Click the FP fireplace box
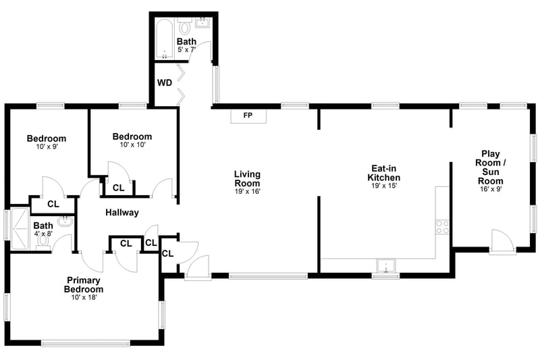[248, 116]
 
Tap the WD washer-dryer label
[165, 83]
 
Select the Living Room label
[247, 178]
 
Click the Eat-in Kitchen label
[383, 173]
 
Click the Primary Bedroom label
[84, 284]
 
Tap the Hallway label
[122, 213]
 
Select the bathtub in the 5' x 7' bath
[164, 39]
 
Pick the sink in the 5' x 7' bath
[202, 22]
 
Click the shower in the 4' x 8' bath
[20, 228]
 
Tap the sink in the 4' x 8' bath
[65, 221]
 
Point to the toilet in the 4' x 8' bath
[43, 241]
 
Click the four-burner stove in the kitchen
[442, 227]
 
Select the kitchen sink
[386, 265]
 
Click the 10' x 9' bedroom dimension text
[47, 147]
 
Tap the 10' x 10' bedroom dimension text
[133, 145]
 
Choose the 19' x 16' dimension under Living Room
[247, 191]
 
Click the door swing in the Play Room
[502, 242]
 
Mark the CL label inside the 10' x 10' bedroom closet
[119, 188]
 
